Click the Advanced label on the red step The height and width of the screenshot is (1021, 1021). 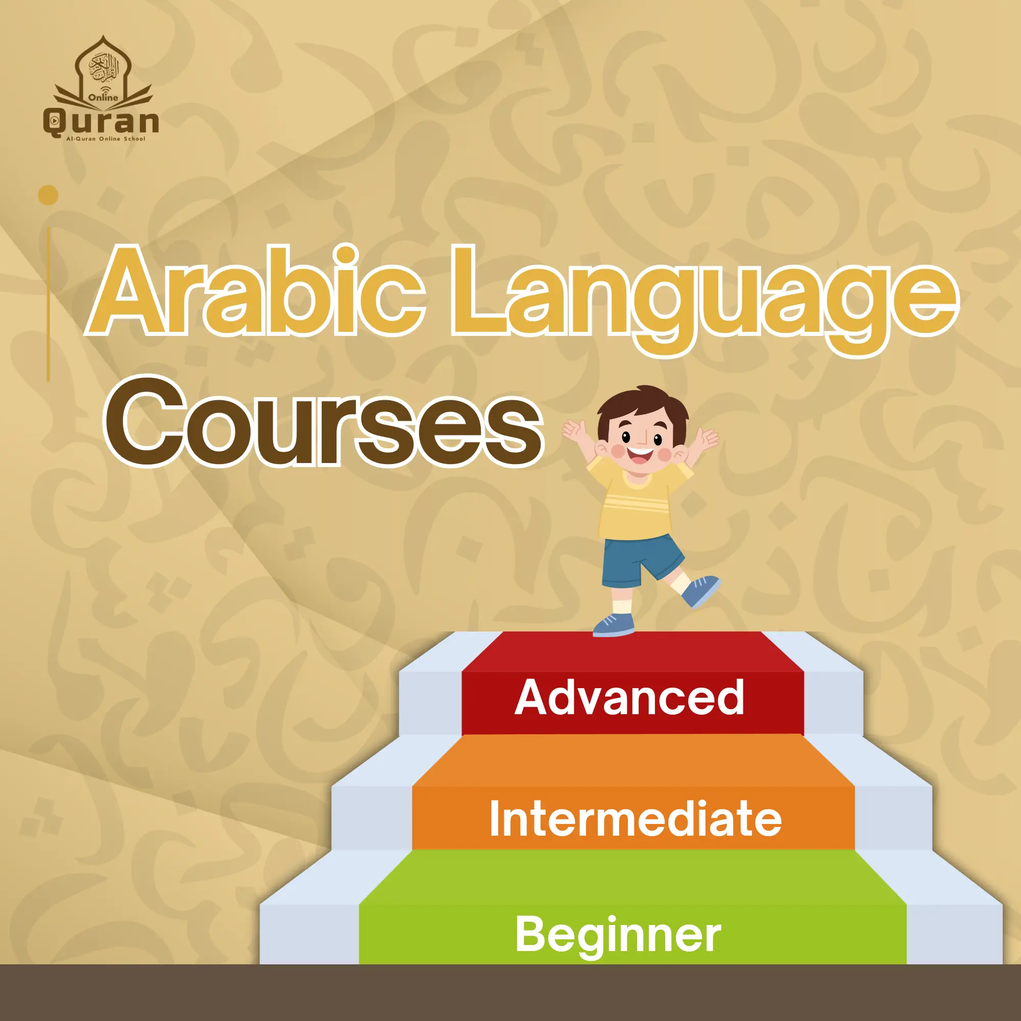(629, 697)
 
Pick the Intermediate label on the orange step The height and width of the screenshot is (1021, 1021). (635, 818)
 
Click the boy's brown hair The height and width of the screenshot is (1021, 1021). (642, 410)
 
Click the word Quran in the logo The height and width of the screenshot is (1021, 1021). (101, 122)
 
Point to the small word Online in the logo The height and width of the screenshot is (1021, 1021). (104, 97)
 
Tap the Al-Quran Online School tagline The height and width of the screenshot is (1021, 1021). (105, 139)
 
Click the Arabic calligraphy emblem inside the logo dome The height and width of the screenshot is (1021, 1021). (104, 69)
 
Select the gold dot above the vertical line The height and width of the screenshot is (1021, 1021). (48, 196)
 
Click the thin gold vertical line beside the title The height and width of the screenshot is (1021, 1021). (48, 304)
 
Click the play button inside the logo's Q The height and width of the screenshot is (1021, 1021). (53, 121)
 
